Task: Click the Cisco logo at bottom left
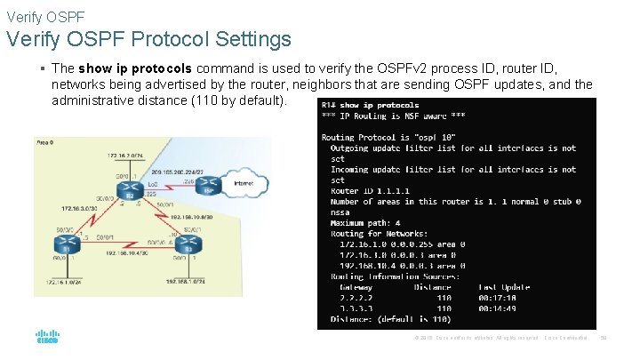[48, 338]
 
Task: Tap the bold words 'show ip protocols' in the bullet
[134, 68]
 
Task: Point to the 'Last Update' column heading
[504, 287]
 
